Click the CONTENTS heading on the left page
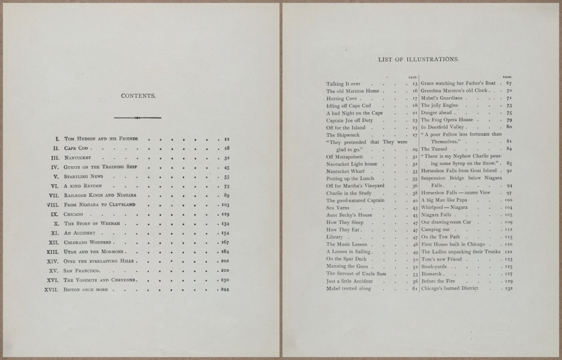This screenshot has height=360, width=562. tap(139, 95)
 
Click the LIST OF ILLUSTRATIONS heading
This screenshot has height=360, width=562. tap(419, 60)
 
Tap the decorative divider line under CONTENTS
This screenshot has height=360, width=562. tap(138, 117)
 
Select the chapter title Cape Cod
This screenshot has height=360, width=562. tap(76, 148)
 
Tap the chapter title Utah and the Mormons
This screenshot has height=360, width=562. tap(93, 251)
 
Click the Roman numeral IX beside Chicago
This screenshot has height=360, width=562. tap(53, 214)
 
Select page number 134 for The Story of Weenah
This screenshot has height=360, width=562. tap(226, 224)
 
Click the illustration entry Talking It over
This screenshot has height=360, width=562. tap(343, 84)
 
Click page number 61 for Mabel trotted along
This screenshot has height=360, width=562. tap(414, 289)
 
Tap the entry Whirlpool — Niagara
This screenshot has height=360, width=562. tap(444, 207)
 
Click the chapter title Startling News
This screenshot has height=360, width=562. tap(83, 177)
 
